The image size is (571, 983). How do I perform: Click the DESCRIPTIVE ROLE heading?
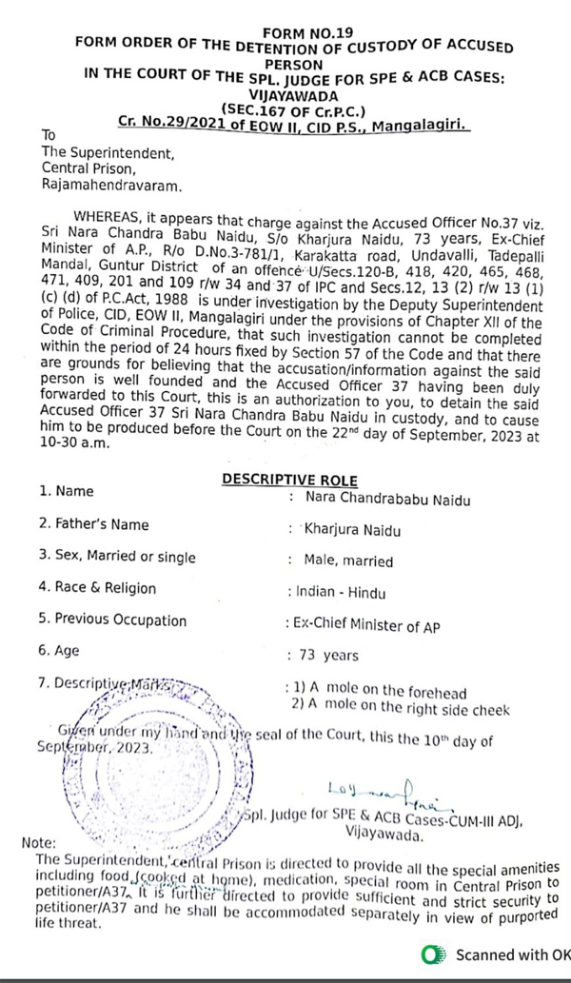[x=289, y=481]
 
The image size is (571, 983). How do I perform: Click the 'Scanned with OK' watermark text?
[x=512, y=954]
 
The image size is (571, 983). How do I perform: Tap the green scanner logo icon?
[x=434, y=954]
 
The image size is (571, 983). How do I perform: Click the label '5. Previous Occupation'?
[x=112, y=620]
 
